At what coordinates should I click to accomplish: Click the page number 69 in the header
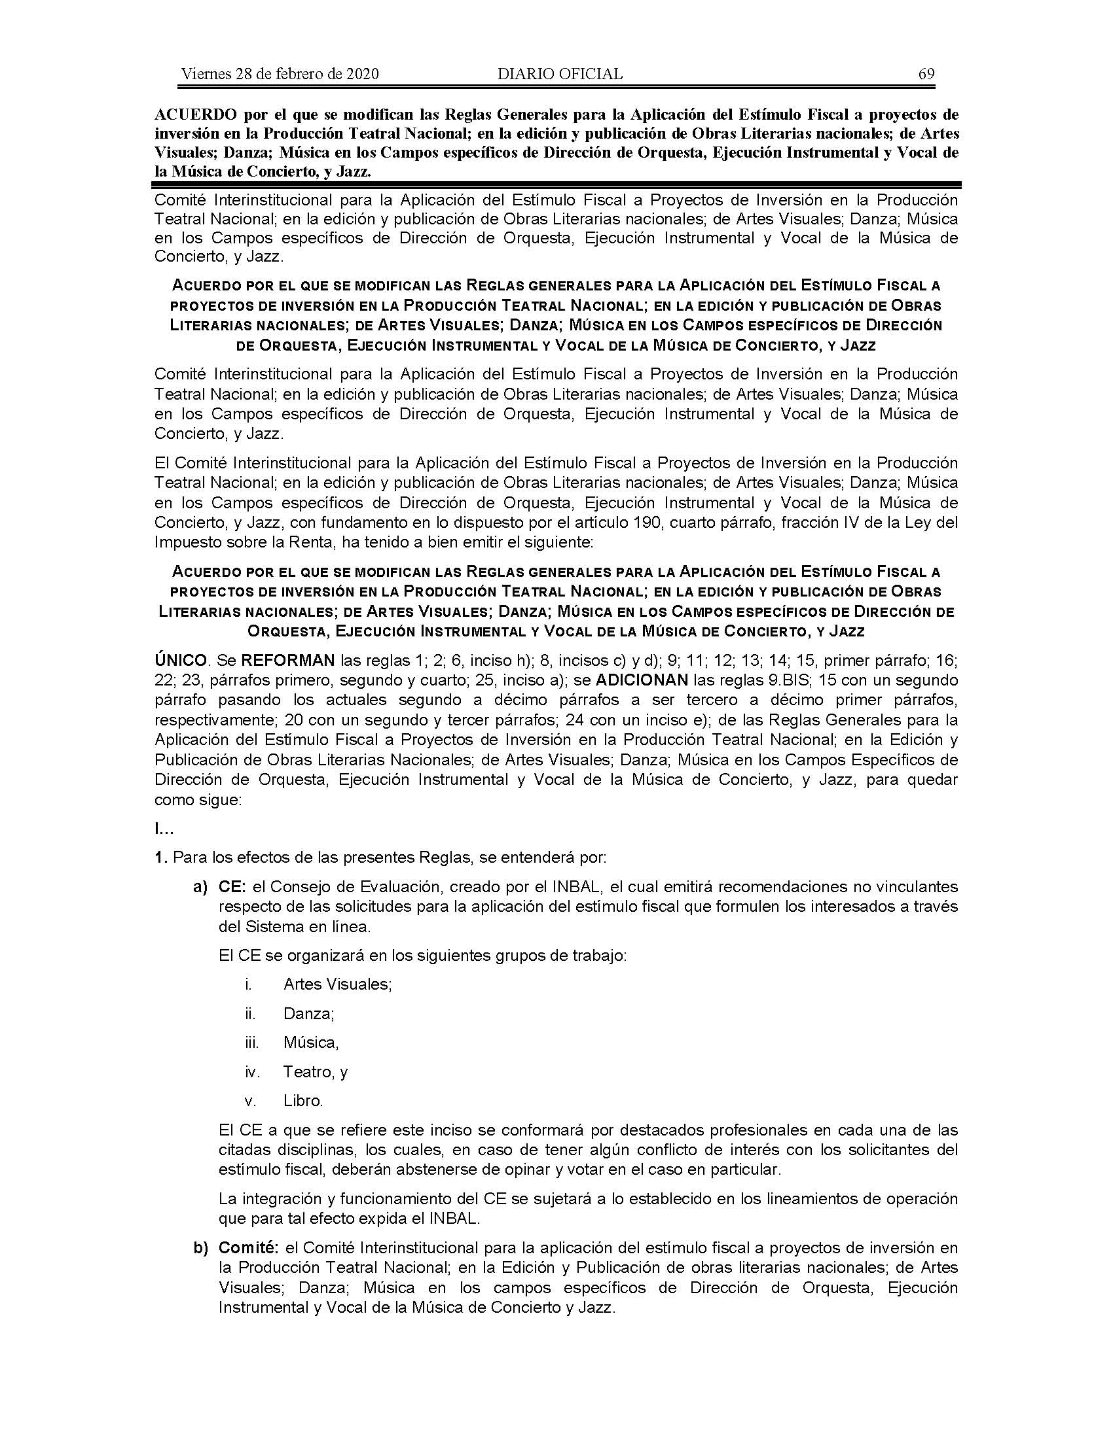coord(926,74)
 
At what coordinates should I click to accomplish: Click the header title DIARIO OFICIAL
coord(560,74)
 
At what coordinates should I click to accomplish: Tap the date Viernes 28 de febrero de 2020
coord(280,74)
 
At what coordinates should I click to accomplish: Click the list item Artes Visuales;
coord(338,984)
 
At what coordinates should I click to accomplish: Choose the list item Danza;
coord(308,1013)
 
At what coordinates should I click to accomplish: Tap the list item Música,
coord(310,1043)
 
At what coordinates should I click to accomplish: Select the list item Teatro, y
coord(315,1071)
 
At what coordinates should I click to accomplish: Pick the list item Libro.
coord(303,1100)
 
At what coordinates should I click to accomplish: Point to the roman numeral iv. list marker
coord(253,1071)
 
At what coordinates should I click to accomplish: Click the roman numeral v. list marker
coord(251,1100)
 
